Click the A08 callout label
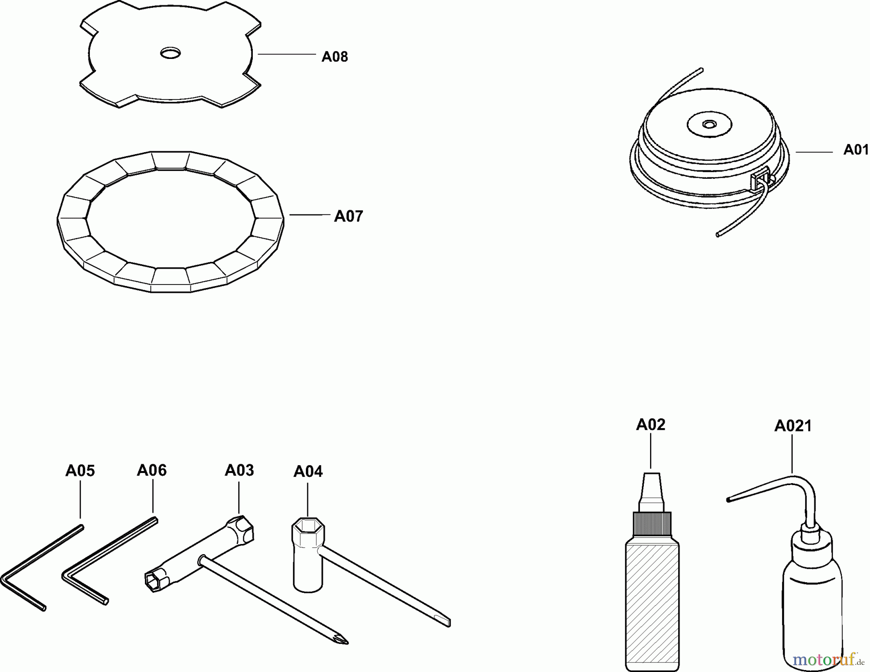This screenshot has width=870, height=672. coord(334,57)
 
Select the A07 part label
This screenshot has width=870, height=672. coord(348,216)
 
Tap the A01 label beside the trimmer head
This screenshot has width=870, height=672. coord(856,150)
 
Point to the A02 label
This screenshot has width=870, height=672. coord(651,425)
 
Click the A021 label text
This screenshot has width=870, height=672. coord(793,426)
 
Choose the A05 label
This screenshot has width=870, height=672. coord(80,471)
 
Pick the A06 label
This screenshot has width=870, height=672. coord(152,471)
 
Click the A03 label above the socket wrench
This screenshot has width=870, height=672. coord(239,471)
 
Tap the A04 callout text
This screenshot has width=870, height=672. coord(308,472)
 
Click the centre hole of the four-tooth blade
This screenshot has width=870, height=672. coord(170,53)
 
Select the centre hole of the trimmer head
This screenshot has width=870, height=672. coord(709,125)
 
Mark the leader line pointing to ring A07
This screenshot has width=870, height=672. coord(310,214)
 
